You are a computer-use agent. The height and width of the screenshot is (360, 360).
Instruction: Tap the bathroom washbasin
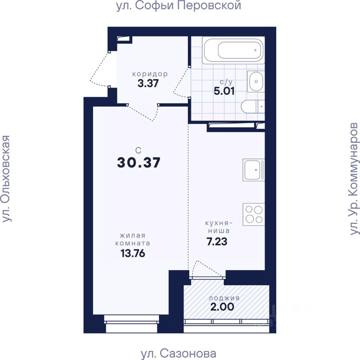point(256,81)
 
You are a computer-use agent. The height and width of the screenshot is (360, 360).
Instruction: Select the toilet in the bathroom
point(253,106)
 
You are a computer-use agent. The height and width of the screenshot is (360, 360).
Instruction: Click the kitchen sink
point(254,170)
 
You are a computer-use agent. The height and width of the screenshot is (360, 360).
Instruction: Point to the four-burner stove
point(254,214)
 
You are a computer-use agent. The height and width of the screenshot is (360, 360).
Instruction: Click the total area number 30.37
point(139,162)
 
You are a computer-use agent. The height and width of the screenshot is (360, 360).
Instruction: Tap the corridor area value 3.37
point(148,83)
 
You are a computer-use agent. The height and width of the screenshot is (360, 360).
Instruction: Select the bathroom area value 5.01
point(224,91)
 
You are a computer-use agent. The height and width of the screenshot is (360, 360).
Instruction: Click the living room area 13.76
point(133,253)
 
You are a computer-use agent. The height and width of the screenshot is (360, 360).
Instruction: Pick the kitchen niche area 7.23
point(217,241)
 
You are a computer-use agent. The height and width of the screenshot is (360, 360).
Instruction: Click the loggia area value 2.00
point(222,307)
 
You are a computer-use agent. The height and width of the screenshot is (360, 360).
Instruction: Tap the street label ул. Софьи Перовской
point(178,6)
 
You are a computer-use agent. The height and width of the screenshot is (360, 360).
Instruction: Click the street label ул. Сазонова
point(178,354)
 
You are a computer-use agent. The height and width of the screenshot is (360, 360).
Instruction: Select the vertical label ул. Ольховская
point(6,178)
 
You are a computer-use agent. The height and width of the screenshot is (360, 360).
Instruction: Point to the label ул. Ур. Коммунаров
point(354,179)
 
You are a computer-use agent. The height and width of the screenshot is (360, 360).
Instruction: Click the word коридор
point(150,74)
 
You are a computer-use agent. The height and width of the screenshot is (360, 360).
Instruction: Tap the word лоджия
point(224,298)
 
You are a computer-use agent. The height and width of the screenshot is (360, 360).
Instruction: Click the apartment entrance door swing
point(99,69)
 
